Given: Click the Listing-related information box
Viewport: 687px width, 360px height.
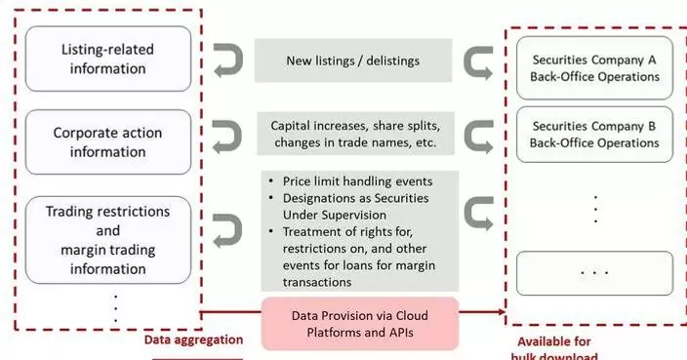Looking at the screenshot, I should point(108,59).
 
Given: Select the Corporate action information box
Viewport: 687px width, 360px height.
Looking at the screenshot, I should point(108,141).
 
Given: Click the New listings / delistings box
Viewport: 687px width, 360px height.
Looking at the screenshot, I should point(353,60).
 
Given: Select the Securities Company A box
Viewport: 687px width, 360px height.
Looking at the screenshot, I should point(593,67).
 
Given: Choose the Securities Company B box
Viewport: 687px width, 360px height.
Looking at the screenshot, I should point(593,135).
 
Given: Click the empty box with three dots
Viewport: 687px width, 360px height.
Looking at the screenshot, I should point(593,273).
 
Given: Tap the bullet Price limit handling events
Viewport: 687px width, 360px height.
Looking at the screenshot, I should point(357,181).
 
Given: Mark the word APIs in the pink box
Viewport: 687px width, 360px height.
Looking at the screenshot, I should point(408,334).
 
